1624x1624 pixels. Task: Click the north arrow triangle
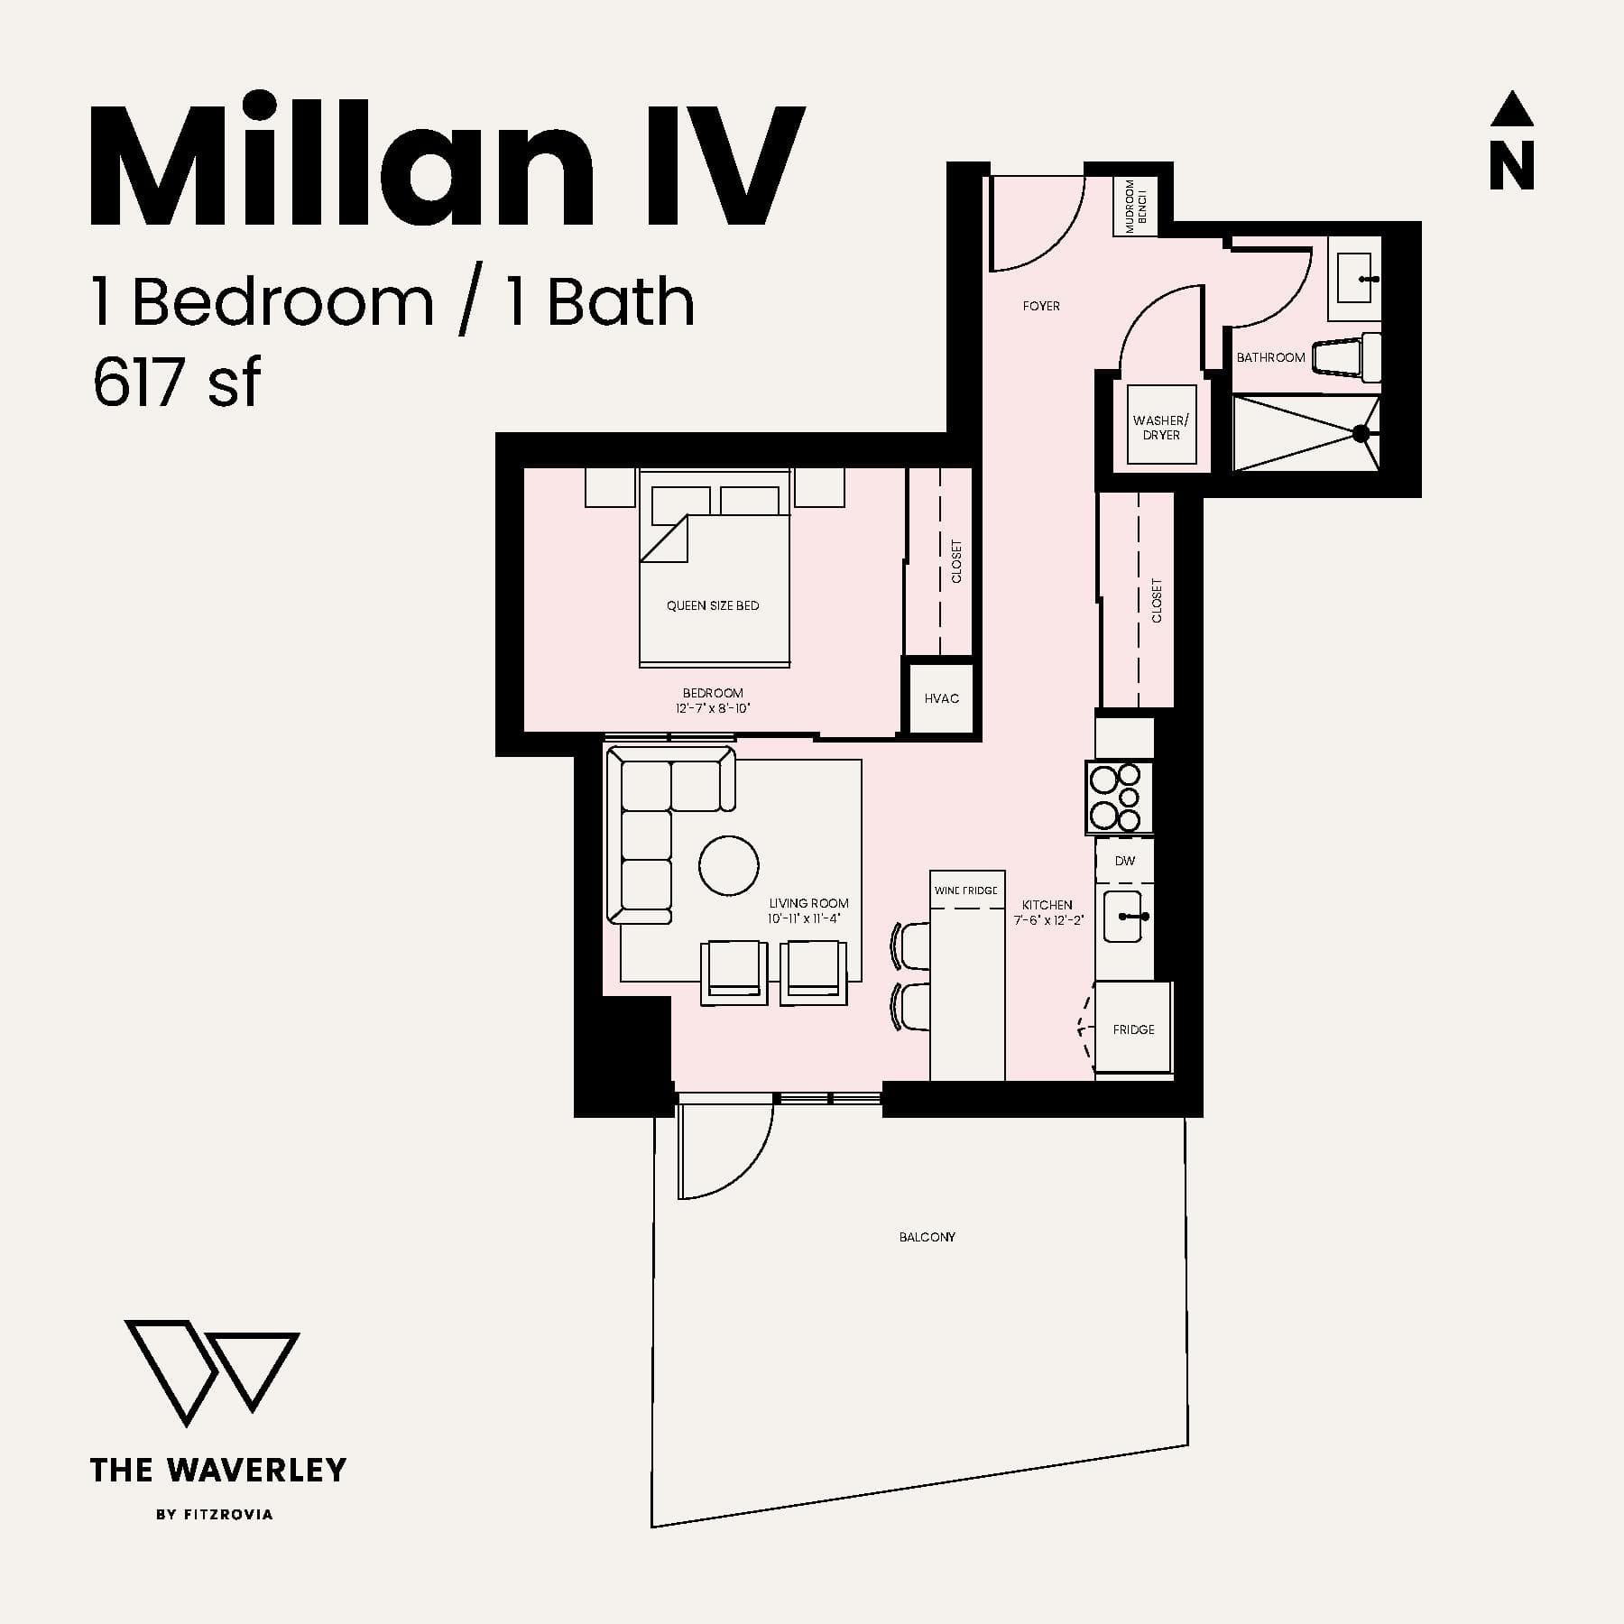1511,109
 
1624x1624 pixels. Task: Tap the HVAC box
941,698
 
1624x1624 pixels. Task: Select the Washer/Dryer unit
1161,426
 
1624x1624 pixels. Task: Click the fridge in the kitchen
1133,1029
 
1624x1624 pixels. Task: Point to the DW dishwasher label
1125,861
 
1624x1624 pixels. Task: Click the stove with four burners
1119,798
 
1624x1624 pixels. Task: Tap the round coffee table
728,866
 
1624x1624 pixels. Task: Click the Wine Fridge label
966,890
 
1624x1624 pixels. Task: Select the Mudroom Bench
1135,207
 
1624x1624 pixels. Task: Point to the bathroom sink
1354,277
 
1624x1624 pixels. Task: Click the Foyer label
1041,306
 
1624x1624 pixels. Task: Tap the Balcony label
927,1237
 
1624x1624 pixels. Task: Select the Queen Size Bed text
713,605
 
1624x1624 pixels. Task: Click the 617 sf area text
176,383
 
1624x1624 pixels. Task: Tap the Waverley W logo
212,1372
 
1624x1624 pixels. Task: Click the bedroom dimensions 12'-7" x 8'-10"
713,708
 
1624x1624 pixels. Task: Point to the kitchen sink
1124,917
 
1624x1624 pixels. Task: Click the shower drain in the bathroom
1361,434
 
